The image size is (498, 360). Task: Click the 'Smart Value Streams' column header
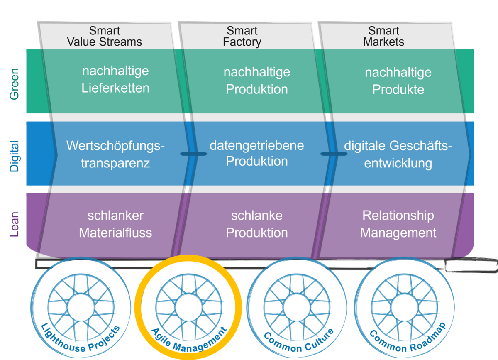pyautogui.click(x=104, y=37)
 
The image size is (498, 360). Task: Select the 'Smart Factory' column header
pyautogui.click(x=242, y=37)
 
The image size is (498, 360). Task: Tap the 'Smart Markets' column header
pyautogui.click(x=383, y=37)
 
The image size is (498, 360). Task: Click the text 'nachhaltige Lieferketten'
pyautogui.click(x=115, y=79)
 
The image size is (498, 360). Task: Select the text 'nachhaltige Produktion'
pyautogui.click(x=256, y=81)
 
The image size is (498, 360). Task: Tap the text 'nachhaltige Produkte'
pyautogui.click(x=398, y=81)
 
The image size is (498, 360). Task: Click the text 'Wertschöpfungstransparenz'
pyautogui.click(x=115, y=154)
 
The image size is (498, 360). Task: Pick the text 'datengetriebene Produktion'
pyautogui.click(x=256, y=153)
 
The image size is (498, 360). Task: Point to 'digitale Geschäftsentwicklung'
pyautogui.click(x=398, y=154)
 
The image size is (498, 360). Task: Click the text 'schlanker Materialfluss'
pyautogui.click(x=115, y=224)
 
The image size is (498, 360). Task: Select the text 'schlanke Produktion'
pyautogui.click(x=256, y=224)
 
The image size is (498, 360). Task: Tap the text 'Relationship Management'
pyautogui.click(x=398, y=224)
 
